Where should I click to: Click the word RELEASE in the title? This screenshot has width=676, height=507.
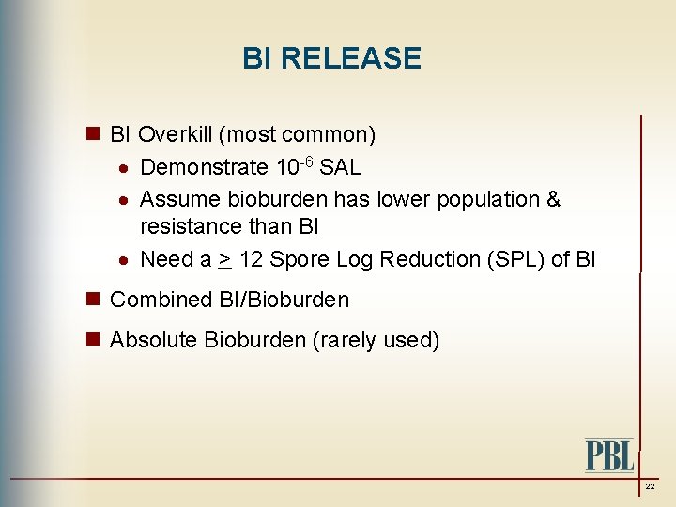pyautogui.click(x=351, y=58)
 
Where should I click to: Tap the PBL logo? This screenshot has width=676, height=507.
pyautogui.click(x=609, y=455)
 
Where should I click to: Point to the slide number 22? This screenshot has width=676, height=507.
pyautogui.click(x=650, y=487)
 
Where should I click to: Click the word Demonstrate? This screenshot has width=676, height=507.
pyautogui.click(x=204, y=168)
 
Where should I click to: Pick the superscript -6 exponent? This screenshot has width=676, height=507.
pyautogui.click(x=307, y=161)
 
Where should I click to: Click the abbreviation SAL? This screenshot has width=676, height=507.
pyautogui.click(x=340, y=168)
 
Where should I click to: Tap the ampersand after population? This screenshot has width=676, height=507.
pyautogui.click(x=553, y=199)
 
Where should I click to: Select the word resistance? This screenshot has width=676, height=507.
pyautogui.click(x=187, y=226)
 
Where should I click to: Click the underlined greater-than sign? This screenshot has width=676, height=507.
pyautogui.click(x=224, y=259)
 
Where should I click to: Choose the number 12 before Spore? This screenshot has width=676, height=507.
pyautogui.click(x=251, y=259)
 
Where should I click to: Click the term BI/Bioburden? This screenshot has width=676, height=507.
pyautogui.click(x=284, y=300)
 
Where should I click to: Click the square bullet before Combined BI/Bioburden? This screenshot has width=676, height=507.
pyautogui.click(x=94, y=300)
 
